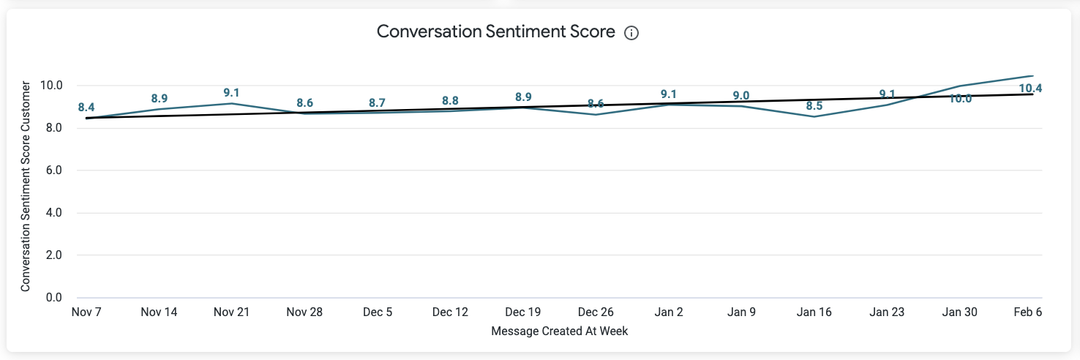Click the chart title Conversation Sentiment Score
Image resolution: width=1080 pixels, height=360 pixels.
click(x=495, y=32)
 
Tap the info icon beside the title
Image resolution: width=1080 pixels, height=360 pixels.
click(x=631, y=33)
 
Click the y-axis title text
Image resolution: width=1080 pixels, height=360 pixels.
click(x=26, y=187)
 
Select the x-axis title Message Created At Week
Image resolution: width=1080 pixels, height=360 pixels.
click(x=560, y=331)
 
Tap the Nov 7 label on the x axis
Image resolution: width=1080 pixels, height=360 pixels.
click(x=86, y=312)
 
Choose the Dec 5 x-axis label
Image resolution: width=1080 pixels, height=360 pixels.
click(x=378, y=312)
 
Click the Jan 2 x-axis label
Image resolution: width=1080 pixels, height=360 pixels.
click(x=669, y=312)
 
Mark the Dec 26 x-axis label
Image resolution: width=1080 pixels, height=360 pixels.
click(x=596, y=312)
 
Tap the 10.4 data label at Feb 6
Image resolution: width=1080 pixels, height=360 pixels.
click(x=1030, y=89)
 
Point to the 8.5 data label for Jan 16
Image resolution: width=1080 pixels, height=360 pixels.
click(x=814, y=106)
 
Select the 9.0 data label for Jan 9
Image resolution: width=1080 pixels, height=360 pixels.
click(x=741, y=95)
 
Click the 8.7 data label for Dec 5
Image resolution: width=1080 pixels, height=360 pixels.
click(x=378, y=103)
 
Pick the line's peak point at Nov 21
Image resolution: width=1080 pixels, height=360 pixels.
click(x=232, y=103)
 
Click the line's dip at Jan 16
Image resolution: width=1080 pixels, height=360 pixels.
click(x=814, y=117)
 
